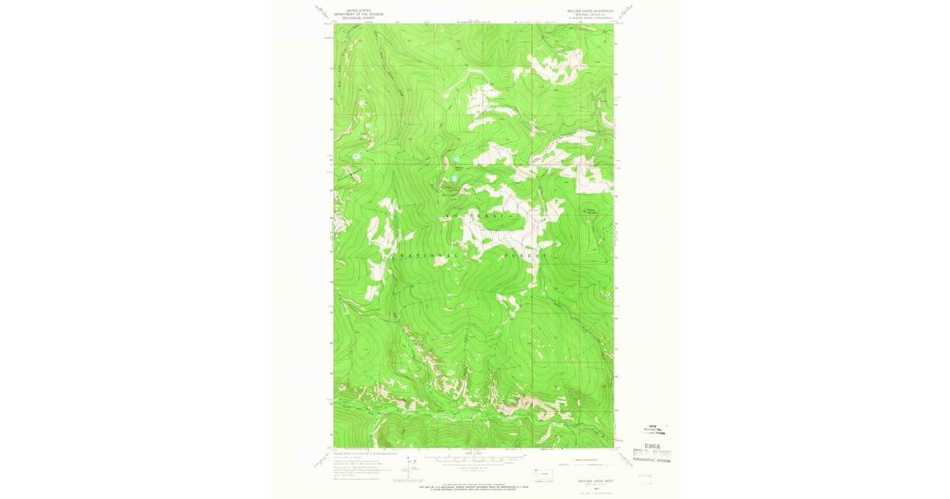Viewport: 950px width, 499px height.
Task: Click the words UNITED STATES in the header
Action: point(352,10)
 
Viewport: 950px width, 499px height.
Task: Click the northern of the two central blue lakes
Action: point(458,168)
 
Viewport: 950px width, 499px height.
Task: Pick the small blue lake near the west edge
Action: point(356,156)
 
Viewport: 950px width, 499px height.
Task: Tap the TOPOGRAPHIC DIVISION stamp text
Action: point(651,459)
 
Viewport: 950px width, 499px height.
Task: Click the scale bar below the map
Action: point(473,457)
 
